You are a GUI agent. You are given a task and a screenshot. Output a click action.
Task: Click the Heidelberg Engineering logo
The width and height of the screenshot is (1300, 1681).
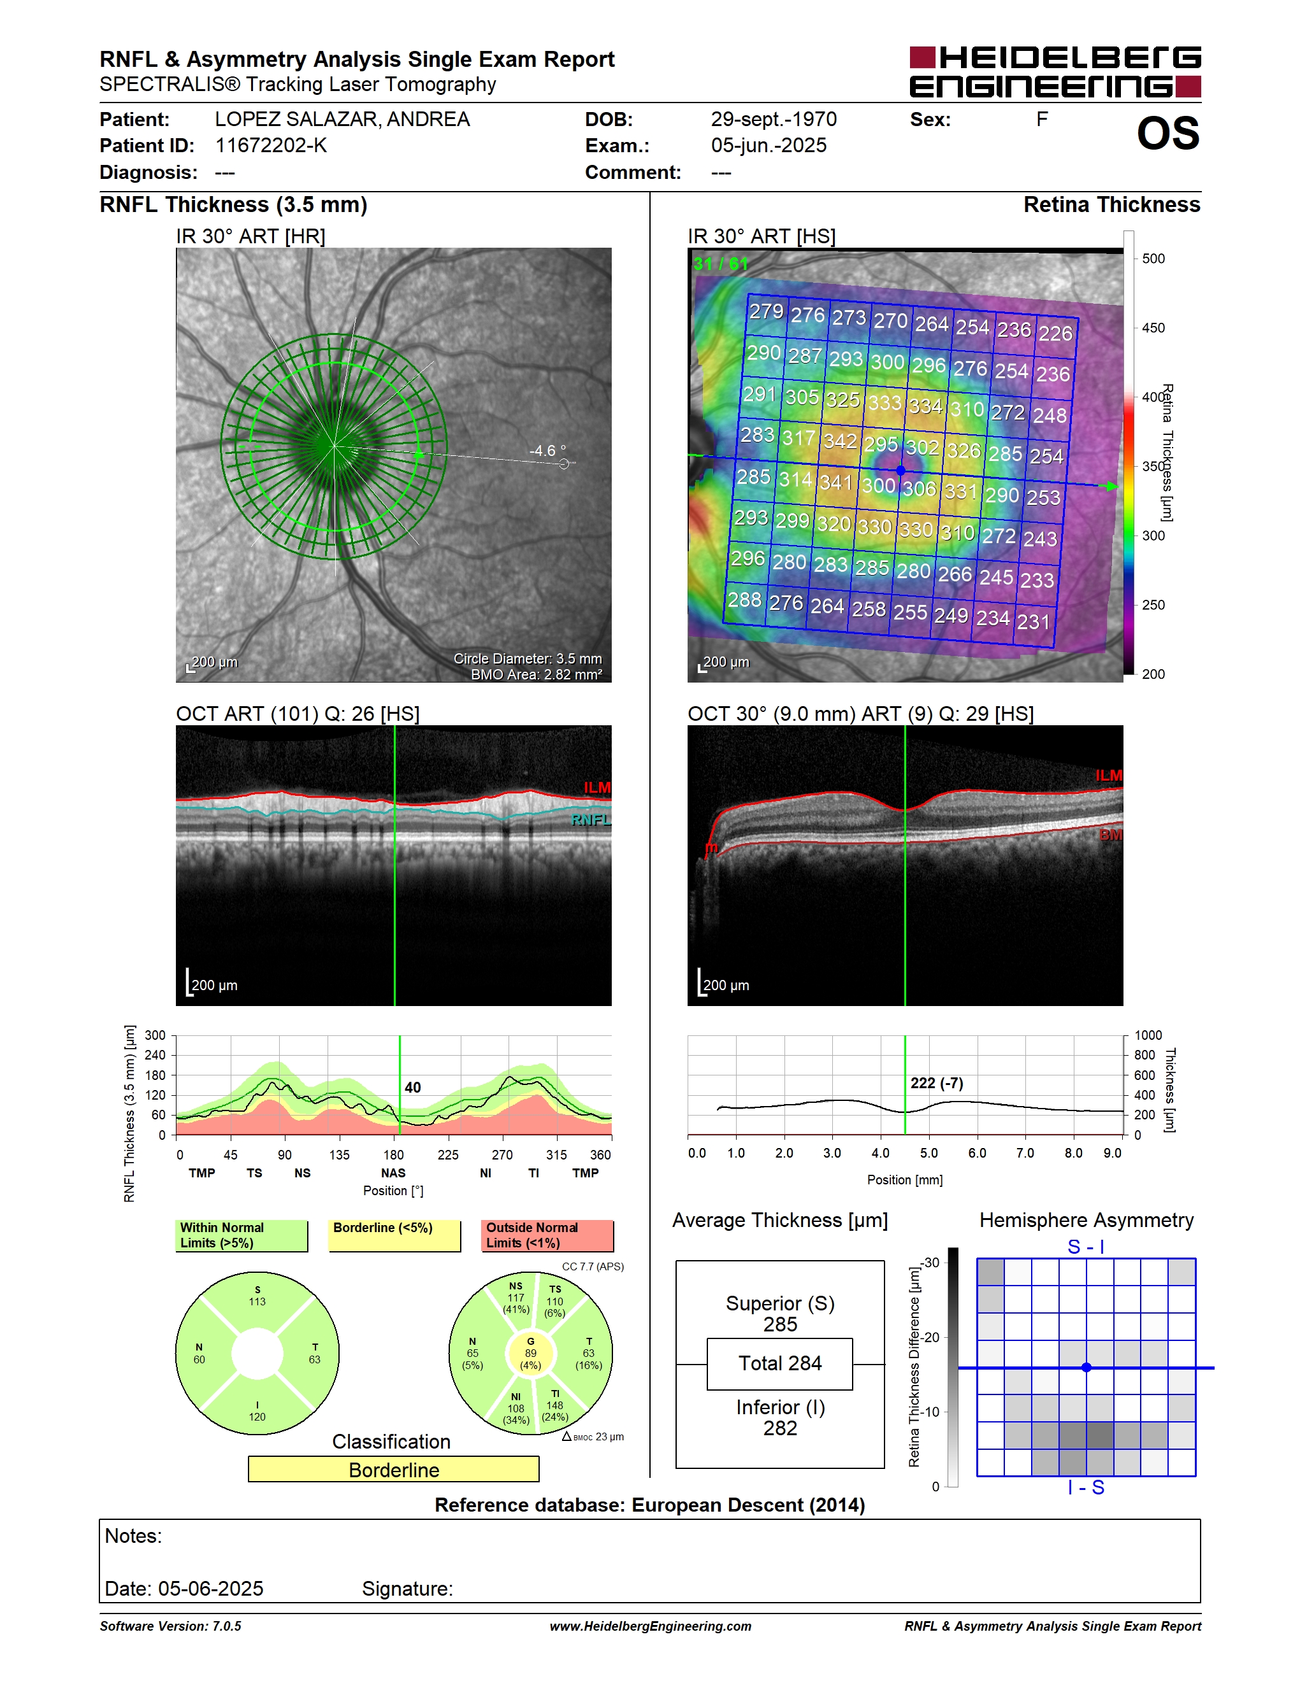(x=1055, y=71)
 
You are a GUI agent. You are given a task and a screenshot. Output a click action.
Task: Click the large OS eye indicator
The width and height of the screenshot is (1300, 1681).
(x=1168, y=133)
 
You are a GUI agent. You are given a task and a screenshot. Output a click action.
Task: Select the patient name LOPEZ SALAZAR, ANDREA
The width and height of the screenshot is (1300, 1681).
(x=342, y=119)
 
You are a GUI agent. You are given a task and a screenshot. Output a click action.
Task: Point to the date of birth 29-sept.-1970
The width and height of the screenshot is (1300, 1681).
(x=773, y=119)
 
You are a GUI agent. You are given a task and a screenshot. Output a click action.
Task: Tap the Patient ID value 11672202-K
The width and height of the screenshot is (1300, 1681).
(x=271, y=145)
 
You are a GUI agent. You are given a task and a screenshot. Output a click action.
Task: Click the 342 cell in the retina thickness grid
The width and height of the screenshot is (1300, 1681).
(x=839, y=441)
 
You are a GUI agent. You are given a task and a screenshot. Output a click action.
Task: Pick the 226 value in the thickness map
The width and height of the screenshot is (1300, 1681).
(x=1055, y=333)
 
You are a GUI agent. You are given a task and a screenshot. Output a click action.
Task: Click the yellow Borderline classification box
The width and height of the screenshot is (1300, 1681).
(x=394, y=1470)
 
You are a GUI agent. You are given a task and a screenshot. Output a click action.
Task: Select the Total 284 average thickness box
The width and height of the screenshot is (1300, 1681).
(x=780, y=1363)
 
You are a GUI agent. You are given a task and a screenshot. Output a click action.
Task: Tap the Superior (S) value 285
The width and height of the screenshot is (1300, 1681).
(x=780, y=1324)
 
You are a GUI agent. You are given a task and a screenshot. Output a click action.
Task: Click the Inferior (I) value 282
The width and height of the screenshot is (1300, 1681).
(x=780, y=1428)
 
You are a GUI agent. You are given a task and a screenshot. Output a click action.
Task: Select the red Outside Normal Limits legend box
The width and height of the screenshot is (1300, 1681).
(x=547, y=1235)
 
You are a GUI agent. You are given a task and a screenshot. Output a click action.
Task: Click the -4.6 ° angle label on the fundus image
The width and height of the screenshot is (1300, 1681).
(x=547, y=450)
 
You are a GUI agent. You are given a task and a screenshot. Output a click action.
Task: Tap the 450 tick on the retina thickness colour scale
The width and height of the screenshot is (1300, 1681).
(x=1153, y=328)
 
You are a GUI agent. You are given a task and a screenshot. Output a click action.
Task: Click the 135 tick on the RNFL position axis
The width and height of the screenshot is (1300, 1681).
(x=339, y=1154)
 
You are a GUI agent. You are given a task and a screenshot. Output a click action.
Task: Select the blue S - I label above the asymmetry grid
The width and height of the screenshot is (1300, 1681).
(x=1086, y=1246)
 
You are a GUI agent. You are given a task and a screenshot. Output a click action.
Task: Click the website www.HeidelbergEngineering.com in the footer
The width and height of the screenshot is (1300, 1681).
(x=651, y=1626)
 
